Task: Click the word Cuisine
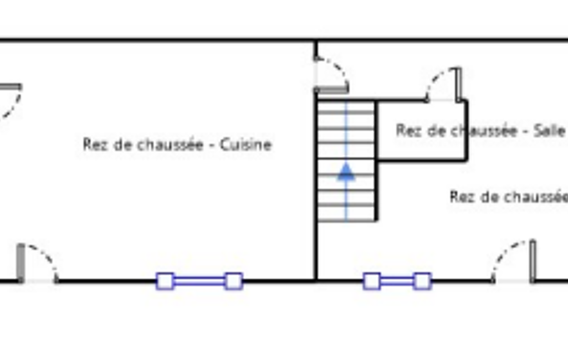(245, 145)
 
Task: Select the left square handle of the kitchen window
(165, 281)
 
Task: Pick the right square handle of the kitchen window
(233, 281)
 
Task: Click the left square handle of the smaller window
(372, 281)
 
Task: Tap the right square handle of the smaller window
(422, 281)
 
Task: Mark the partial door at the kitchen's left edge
(10, 100)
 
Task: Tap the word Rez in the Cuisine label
(94, 145)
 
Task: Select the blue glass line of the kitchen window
(199, 281)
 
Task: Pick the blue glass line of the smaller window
(397, 281)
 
